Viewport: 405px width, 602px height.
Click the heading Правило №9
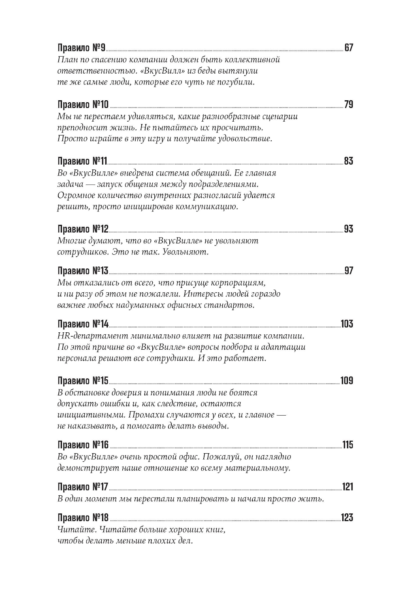(x=81, y=48)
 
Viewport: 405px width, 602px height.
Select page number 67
(x=348, y=48)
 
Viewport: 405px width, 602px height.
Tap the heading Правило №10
(x=83, y=105)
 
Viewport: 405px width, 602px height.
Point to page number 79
(x=348, y=105)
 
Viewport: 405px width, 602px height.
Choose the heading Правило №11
(x=82, y=161)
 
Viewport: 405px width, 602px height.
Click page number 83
(x=348, y=161)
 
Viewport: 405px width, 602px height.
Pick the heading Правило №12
(x=83, y=229)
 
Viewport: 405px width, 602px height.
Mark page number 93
(x=348, y=229)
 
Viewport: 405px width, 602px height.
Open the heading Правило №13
(x=83, y=271)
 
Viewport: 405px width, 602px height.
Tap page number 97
(x=348, y=271)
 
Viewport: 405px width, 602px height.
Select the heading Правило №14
(x=83, y=324)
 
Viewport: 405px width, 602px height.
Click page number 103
(x=347, y=324)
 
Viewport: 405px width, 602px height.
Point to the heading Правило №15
(x=83, y=381)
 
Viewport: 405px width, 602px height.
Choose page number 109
(x=347, y=381)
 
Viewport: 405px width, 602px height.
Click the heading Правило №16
(x=83, y=445)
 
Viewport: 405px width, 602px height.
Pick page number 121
(x=347, y=487)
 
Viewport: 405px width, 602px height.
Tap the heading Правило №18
(x=83, y=518)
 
